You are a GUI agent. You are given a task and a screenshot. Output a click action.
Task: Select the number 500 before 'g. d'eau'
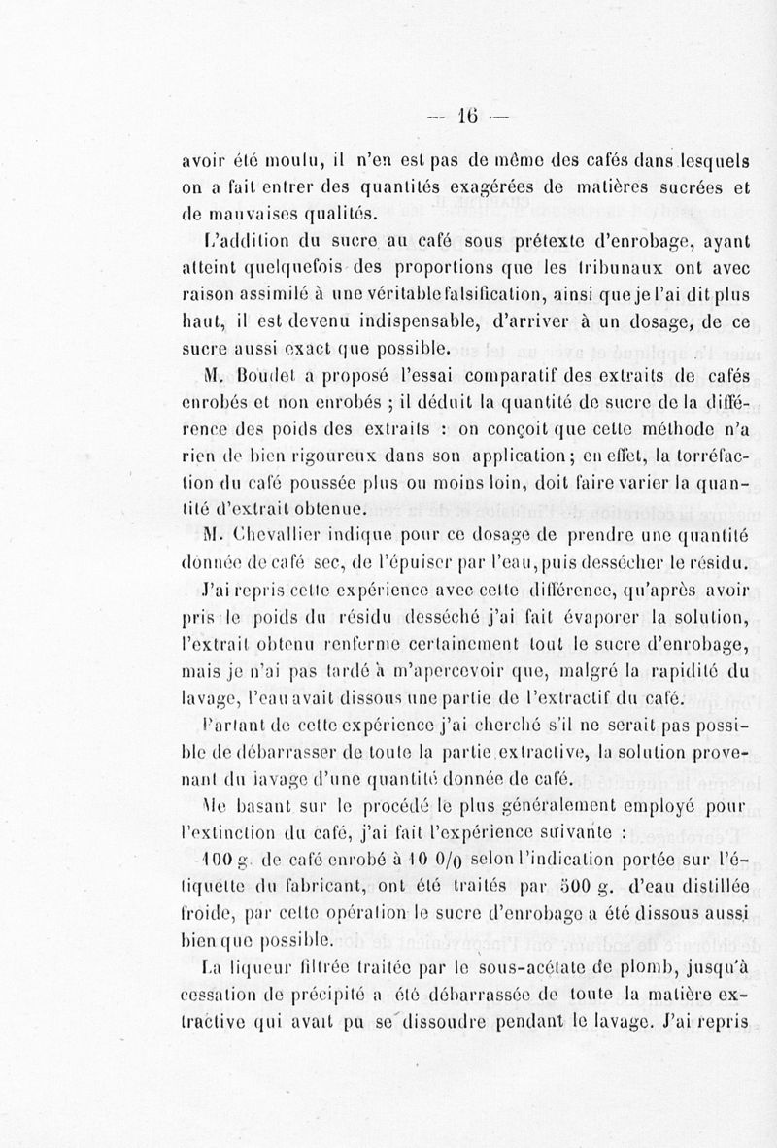tap(531, 885)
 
